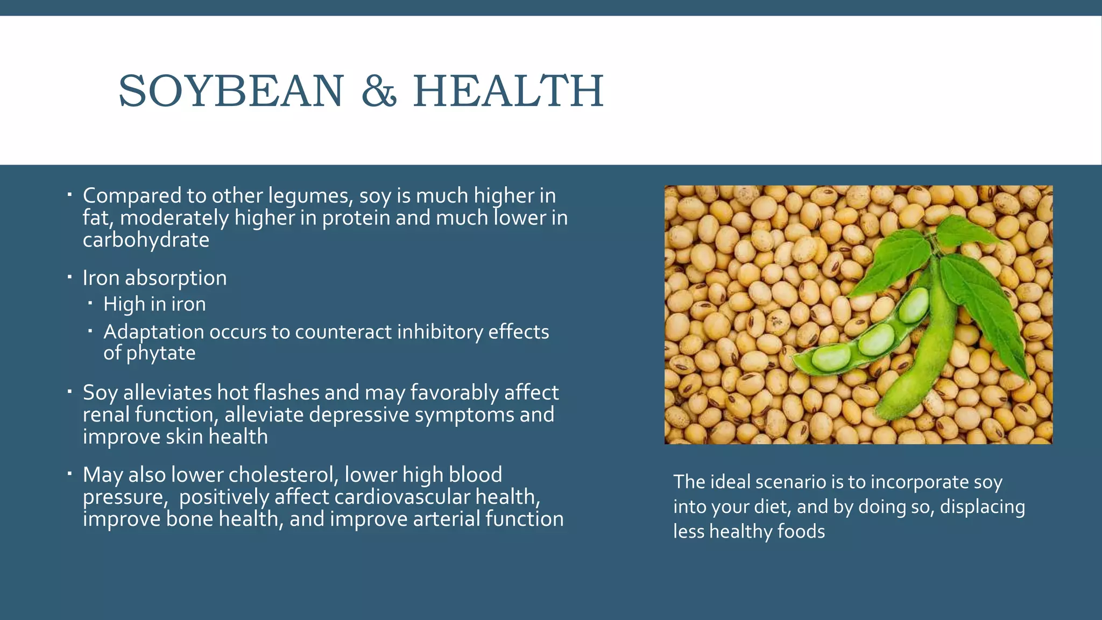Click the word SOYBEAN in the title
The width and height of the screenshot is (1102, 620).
[230, 91]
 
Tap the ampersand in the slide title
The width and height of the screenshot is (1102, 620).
[379, 91]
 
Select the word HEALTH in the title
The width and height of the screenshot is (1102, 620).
[508, 91]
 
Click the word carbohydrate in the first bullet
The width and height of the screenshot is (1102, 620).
[146, 240]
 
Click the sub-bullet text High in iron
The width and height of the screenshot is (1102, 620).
[154, 304]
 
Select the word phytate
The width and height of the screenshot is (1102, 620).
[160, 354]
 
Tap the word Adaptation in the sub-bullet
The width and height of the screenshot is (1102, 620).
[153, 332]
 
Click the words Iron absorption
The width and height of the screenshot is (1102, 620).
[154, 278]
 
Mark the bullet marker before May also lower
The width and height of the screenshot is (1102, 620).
[69, 474]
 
